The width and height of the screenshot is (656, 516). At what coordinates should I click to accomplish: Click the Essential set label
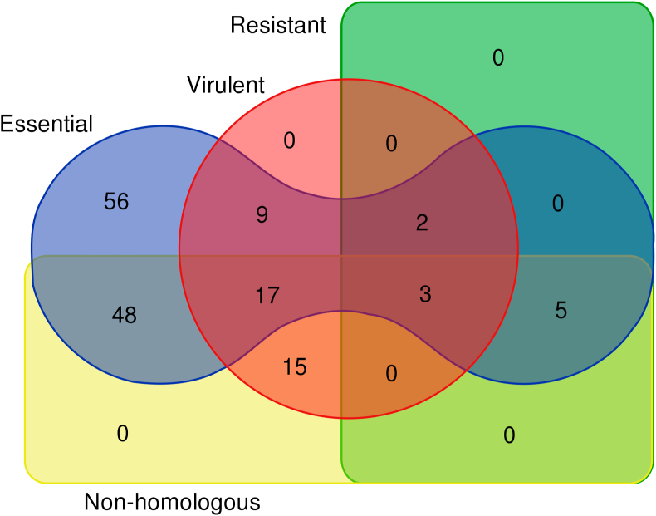[47, 125]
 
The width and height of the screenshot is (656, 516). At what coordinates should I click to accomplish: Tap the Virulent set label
[225, 85]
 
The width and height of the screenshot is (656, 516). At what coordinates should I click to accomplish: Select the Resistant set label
[278, 26]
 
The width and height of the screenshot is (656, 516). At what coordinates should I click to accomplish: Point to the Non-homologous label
[172, 502]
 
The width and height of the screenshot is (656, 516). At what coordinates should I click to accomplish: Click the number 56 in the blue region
[116, 202]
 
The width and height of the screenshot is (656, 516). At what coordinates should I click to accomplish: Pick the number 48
[124, 315]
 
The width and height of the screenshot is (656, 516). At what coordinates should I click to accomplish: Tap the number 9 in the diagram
[262, 215]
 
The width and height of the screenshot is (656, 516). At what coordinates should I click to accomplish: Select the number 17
[267, 294]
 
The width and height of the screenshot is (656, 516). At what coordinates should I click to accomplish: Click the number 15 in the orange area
[294, 366]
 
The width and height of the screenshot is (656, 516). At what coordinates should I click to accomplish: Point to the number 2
[422, 224]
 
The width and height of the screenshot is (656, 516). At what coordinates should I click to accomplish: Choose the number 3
[425, 294]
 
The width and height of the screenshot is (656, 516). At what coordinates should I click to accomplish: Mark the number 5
[561, 311]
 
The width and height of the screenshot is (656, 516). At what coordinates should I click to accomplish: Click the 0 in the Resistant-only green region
[498, 57]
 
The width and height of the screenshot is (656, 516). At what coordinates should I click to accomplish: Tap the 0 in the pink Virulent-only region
[289, 140]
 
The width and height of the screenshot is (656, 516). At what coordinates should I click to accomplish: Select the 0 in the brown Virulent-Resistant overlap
[391, 145]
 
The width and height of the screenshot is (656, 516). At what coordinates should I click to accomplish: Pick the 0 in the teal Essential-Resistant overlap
[558, 203]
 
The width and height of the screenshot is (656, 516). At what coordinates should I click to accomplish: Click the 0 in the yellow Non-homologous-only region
[122, 433]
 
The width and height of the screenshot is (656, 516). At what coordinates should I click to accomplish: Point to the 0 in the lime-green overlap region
[510, 435]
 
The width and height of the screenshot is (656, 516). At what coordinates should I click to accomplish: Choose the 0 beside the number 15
[391, 374]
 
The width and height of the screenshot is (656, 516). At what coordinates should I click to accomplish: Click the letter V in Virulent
[193, 85]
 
